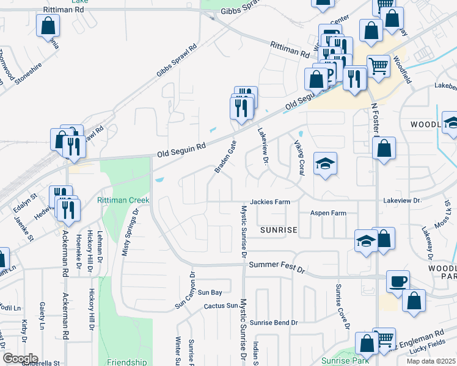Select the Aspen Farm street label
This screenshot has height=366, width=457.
click(x=328, y=213)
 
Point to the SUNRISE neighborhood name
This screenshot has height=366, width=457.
click(x=278, y=230)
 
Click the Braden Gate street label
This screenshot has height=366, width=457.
click(x=224, y=156)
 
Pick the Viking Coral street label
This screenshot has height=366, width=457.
click(x=299, y=157)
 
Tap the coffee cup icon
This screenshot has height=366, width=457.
click(x=398, y=281)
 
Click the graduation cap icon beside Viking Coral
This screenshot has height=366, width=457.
click(x=326, y=163)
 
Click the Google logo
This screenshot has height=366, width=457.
click(x=20, y=358)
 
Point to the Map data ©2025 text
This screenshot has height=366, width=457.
click(x=431, y=361)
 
